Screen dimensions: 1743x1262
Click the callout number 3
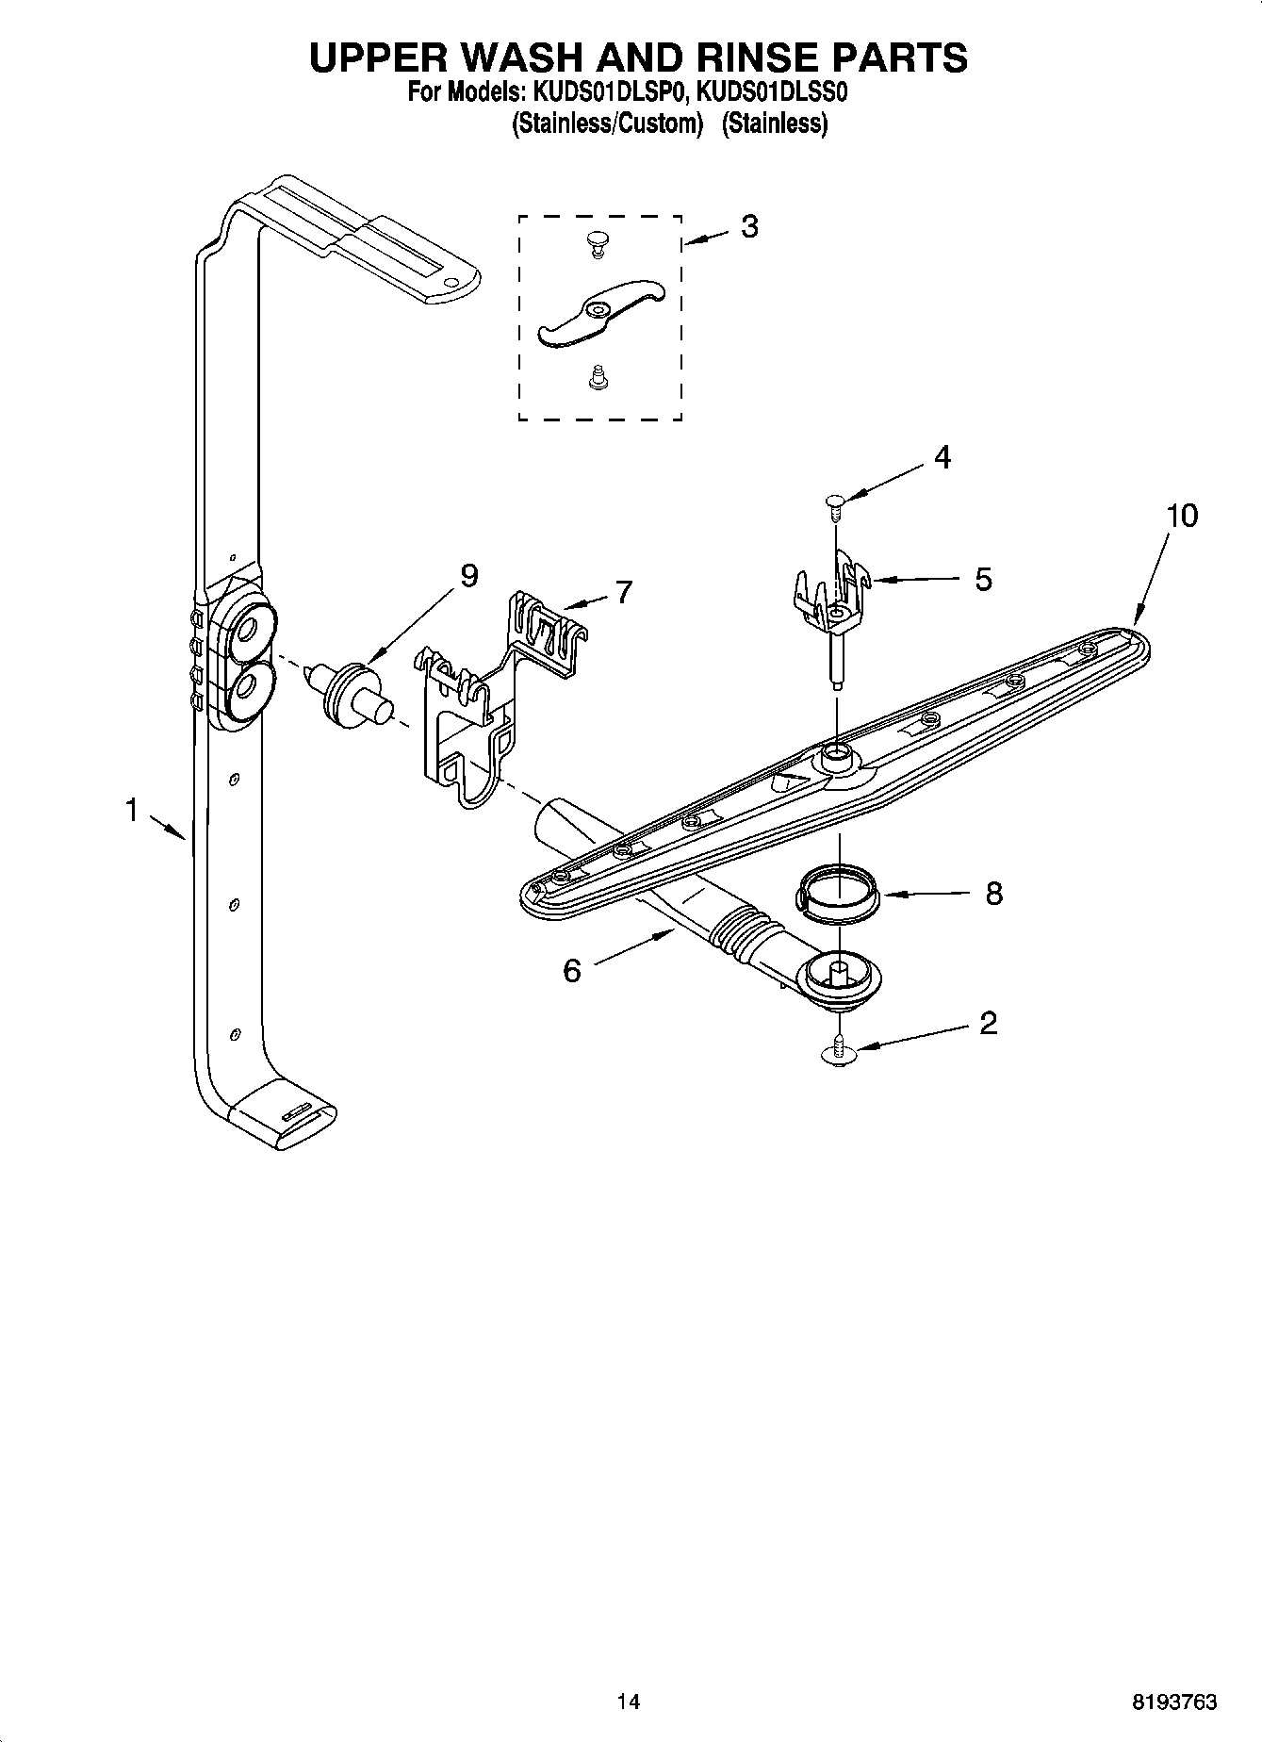(748, 226)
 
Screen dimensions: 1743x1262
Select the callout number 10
(1182, 516)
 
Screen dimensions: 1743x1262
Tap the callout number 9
(468, 575)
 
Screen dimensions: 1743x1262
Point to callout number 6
(572, 970)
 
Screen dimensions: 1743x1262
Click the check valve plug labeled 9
(351, 696)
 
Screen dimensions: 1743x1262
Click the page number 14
(628, 1702)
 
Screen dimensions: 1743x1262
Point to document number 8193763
(1174, 1702)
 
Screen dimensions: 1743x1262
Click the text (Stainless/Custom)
(608, 123)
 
